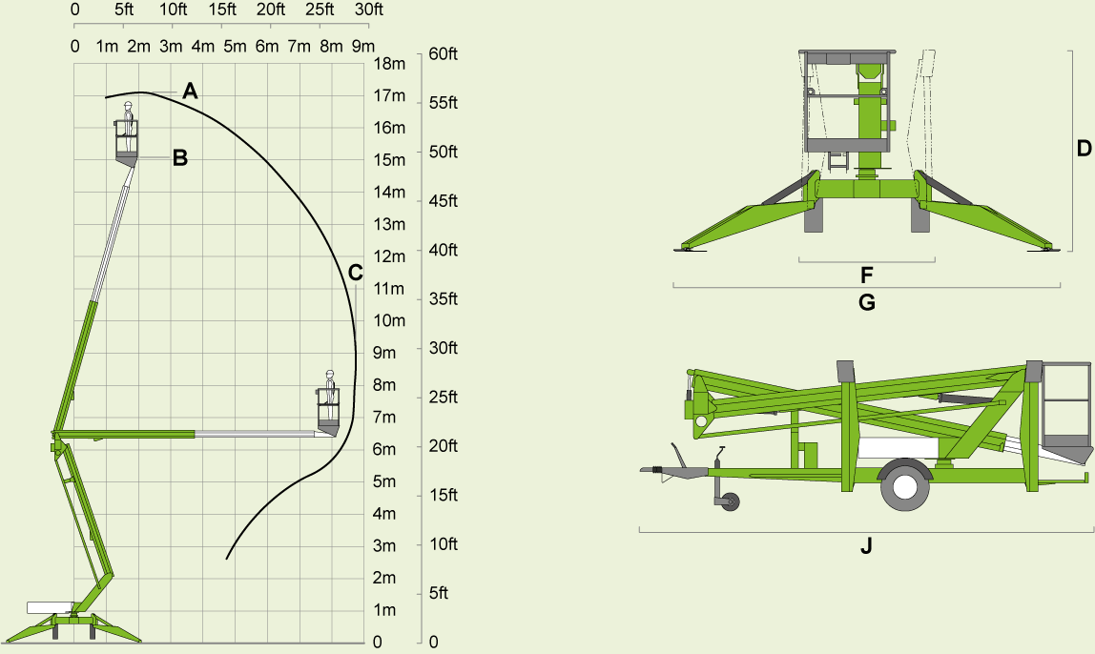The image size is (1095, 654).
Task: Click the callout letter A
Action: tap(190, 92)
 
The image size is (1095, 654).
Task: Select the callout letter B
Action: tap(179, 158)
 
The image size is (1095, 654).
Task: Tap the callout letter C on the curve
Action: tap(355, 273)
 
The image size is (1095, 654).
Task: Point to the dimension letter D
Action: tap(1084, 149)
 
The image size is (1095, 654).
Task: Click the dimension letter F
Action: tap(866, 276)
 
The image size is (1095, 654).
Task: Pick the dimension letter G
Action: tap(866, 303)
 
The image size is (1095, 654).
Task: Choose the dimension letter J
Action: tap(866, 546)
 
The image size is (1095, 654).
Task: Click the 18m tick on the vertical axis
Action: tap(389, 64)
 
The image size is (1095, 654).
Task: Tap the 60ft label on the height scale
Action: tap(444, 53)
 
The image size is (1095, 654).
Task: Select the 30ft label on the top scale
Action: tap(368, 10)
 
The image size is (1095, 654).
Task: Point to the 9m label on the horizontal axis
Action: tap(362, 46)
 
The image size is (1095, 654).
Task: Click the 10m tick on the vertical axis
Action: tap(389, 320)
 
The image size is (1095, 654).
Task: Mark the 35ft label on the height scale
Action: tap(444, 298)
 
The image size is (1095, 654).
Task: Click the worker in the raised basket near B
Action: tap(128, 118)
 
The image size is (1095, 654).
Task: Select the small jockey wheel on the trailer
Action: tap(730, 501)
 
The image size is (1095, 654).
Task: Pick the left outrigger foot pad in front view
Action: tap(687, 250)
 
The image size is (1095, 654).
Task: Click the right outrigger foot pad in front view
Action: tap(1043, 250)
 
